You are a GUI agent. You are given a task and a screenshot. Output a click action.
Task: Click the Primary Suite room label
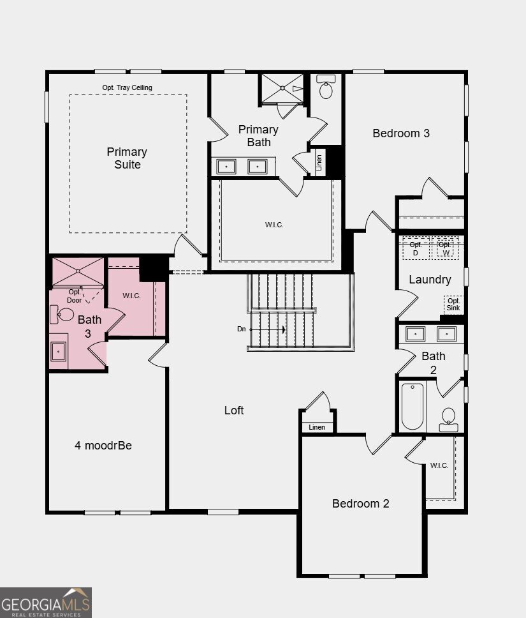(127, 158)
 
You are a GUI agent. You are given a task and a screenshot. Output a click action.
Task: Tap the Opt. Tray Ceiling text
(127, 87)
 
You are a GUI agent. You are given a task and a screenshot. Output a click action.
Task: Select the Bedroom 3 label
(401, 133)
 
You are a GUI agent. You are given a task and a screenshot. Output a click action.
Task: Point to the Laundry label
(430, 280)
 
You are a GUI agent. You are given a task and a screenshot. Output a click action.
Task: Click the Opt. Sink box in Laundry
(453, 304)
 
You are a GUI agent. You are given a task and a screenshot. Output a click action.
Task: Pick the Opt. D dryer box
(416, 248)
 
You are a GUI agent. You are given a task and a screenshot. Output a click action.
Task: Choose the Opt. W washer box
(445, 248)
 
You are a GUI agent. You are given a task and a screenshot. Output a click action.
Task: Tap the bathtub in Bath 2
(413, 406)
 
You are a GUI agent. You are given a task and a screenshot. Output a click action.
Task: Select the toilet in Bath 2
(449, 418)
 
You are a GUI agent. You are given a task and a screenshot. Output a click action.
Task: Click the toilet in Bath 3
(66, 314)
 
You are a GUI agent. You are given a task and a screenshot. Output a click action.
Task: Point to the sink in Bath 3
(58, 350)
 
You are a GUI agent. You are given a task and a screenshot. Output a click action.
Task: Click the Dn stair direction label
(242, 329)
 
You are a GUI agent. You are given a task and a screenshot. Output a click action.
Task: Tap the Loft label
(234, 411)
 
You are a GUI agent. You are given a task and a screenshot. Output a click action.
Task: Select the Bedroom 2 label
(361, 504)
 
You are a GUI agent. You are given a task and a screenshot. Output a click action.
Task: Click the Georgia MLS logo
(46, 602)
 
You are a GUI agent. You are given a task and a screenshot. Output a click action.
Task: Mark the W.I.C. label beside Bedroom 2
(439, 465)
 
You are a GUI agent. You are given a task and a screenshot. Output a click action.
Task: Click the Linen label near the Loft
(317, 427)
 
